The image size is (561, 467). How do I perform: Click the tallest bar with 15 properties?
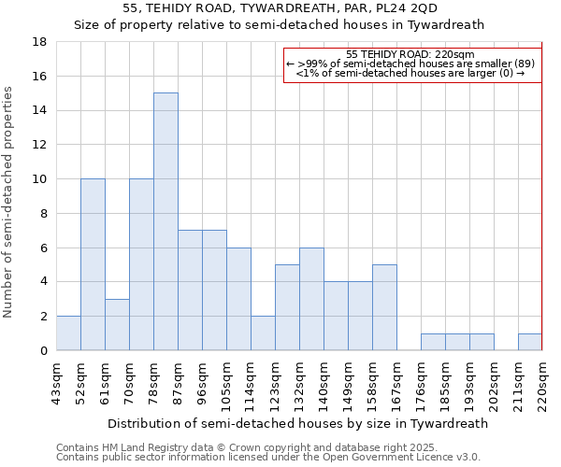165,221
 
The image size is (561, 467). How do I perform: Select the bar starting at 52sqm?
93,264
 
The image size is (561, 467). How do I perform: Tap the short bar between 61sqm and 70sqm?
117,324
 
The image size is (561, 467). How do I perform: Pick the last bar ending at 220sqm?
529,342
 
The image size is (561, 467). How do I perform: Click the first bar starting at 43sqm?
68,333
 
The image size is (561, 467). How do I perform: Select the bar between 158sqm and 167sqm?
384,307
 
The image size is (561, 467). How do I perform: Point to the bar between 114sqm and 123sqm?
263,333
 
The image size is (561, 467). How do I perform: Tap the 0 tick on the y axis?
43,351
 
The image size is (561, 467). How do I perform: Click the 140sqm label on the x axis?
324,384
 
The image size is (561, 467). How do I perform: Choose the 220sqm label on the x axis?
542,384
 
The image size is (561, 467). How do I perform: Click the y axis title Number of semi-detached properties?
9,201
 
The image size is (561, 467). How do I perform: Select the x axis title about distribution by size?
297,423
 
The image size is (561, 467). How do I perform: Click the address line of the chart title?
279,8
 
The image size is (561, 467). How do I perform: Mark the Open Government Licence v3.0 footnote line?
267,457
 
